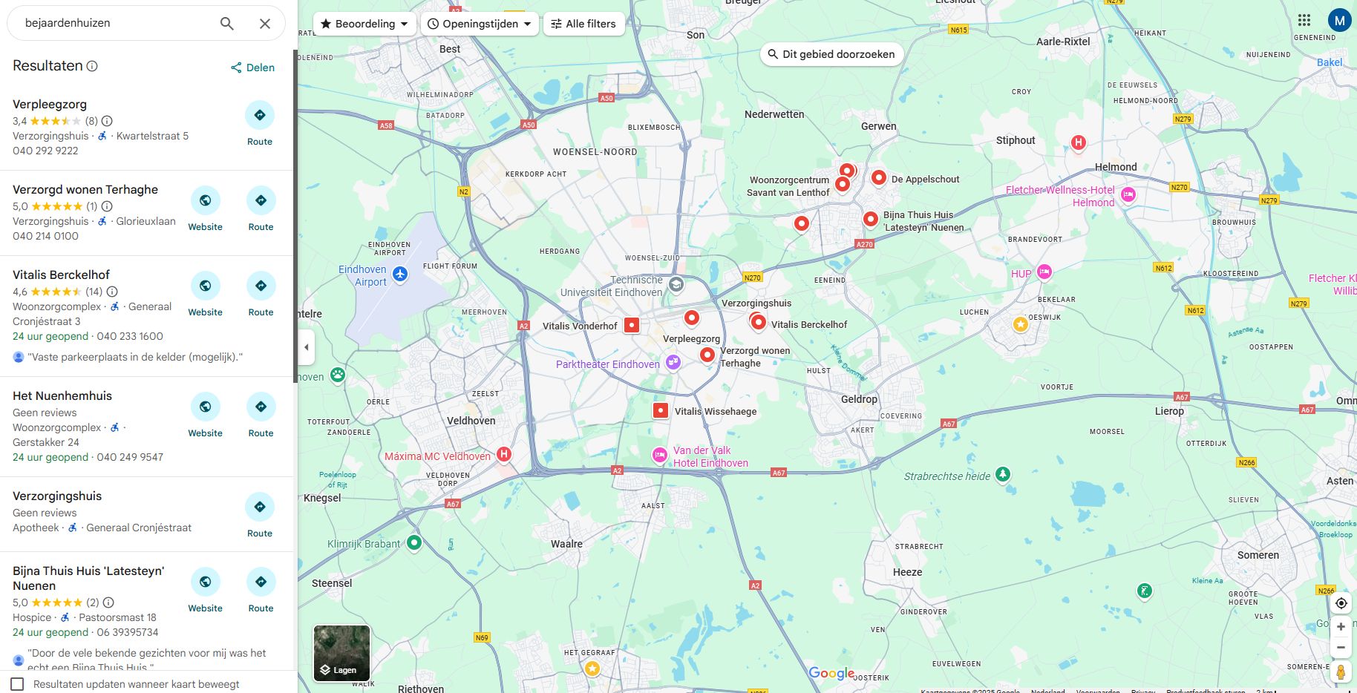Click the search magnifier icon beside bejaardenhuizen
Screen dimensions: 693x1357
227,24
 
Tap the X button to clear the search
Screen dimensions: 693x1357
265,24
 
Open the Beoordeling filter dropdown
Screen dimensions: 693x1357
364,24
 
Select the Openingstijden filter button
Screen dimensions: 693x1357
480,24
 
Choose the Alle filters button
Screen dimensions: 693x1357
583,24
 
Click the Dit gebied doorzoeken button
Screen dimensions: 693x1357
831,54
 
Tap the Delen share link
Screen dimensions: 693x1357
252,68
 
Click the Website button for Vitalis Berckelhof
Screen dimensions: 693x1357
205,294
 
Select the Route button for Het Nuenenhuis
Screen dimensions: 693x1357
261,415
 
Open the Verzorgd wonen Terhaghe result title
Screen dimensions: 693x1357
85,189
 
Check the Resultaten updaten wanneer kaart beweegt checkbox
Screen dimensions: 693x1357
18,684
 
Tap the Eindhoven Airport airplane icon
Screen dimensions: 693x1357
400,275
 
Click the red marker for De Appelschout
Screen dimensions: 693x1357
878,178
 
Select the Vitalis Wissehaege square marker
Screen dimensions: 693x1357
661,410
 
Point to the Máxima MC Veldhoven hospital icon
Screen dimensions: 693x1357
504,454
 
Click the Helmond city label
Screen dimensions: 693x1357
1115,167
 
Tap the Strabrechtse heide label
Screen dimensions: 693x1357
946,476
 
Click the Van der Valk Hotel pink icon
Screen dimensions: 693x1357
659,455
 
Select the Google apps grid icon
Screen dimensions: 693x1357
1304,20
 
